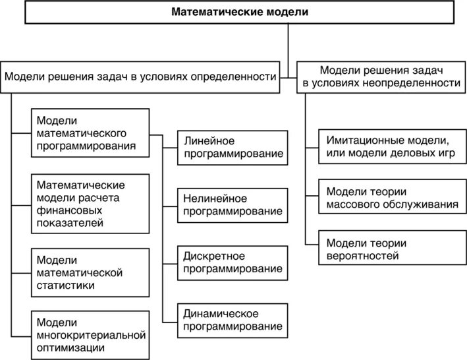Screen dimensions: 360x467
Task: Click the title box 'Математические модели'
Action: (x=239, y=12)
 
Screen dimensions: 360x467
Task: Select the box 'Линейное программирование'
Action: (x=233, y=148)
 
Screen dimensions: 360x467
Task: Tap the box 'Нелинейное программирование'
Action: (x=233, y=204)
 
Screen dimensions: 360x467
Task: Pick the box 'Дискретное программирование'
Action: (x=233, y=262)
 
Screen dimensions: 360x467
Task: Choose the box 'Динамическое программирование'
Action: (x=233, y=319)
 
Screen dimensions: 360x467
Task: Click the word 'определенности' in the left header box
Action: (x=233, y=77)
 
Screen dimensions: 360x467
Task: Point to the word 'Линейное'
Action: (x=209, y=141)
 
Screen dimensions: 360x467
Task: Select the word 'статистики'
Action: (x=65, y=285)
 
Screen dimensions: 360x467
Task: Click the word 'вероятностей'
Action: (x=362, y=256)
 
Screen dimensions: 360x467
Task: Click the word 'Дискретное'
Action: (x=215, y=255)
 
